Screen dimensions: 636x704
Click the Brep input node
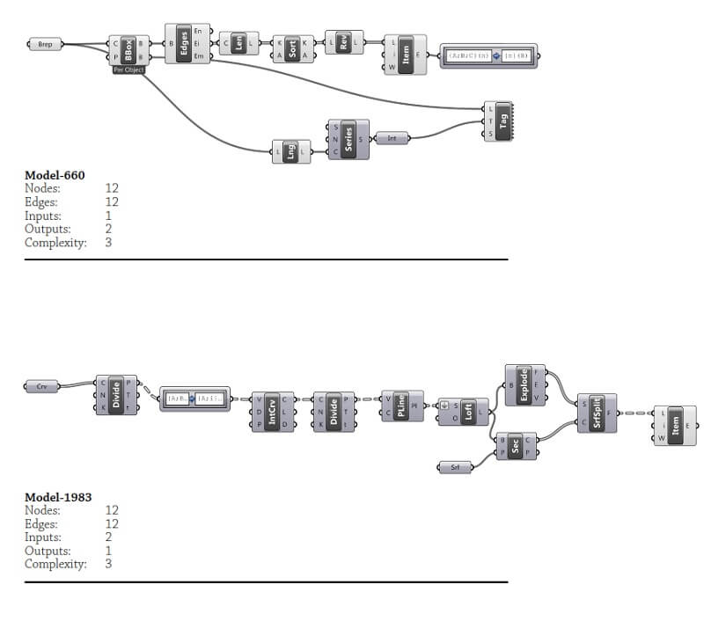coord(46,44)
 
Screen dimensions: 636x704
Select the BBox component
coord(129,50)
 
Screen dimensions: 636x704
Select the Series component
coord(348,139)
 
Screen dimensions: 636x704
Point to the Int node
coord(392,138)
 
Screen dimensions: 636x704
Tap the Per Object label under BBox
coord(128,69)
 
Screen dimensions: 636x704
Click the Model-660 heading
coord(55,175)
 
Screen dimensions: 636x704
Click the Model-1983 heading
coord(58,497)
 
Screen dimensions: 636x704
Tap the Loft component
coord(468,411)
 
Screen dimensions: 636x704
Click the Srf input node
coord(455,467)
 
